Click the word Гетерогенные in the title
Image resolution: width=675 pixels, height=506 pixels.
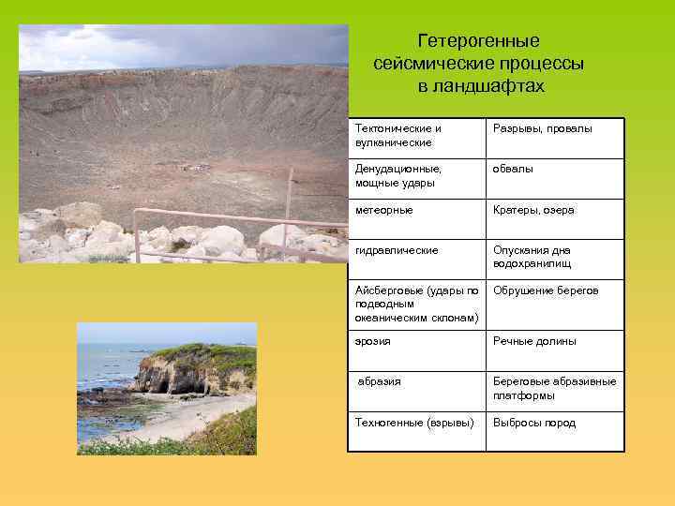tap(478, 41)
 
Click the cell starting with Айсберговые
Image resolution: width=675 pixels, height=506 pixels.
tap(417, 304)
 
